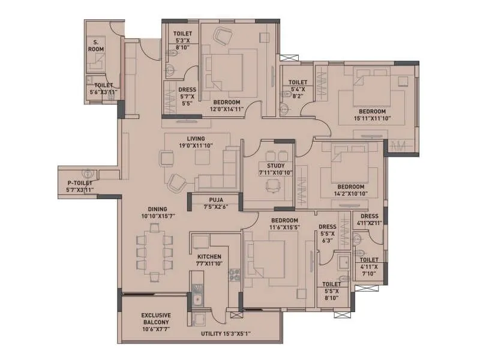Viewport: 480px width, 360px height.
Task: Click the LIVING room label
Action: point(196,142)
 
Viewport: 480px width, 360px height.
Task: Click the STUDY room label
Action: point(268,169)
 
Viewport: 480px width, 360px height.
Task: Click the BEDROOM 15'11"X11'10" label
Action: point(372,115)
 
